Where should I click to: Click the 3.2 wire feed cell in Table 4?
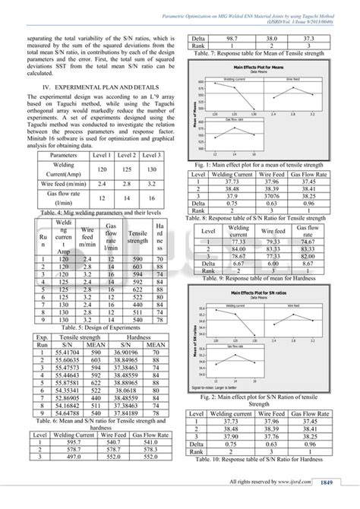(152, 184)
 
